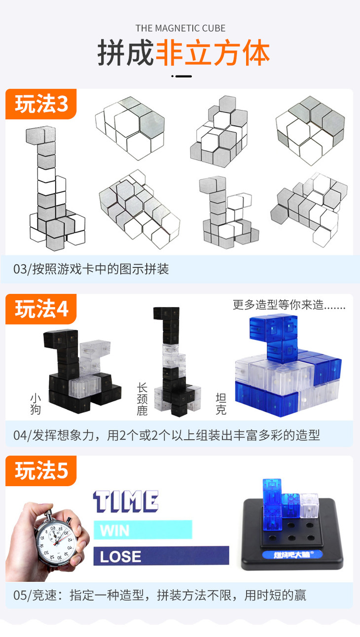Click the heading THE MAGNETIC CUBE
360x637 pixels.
[x=180, y=29]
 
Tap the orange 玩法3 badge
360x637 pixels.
[x=41, y=104]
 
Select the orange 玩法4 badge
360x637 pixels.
[x=41, y=309]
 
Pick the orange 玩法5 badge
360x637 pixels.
[x=41, y=471]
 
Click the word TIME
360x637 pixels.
[x=126, y=502]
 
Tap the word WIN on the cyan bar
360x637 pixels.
[x=115, y=531]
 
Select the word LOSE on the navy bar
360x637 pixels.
[x=120, y=557]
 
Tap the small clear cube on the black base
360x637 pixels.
[x=309, y=503]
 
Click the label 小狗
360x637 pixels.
[x=36, y=404]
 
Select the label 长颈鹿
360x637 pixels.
[x=142, y=399]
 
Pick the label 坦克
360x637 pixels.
[x=221, y=404]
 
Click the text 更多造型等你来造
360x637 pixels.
[x=278, y=305]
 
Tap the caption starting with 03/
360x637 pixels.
[x=91, y=269]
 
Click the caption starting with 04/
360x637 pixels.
[x=167, y=435]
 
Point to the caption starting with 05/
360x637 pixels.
[x=159, y=595]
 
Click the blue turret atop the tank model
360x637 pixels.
[x=274, y=338]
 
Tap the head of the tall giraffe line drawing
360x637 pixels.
[x=41, y=136]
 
